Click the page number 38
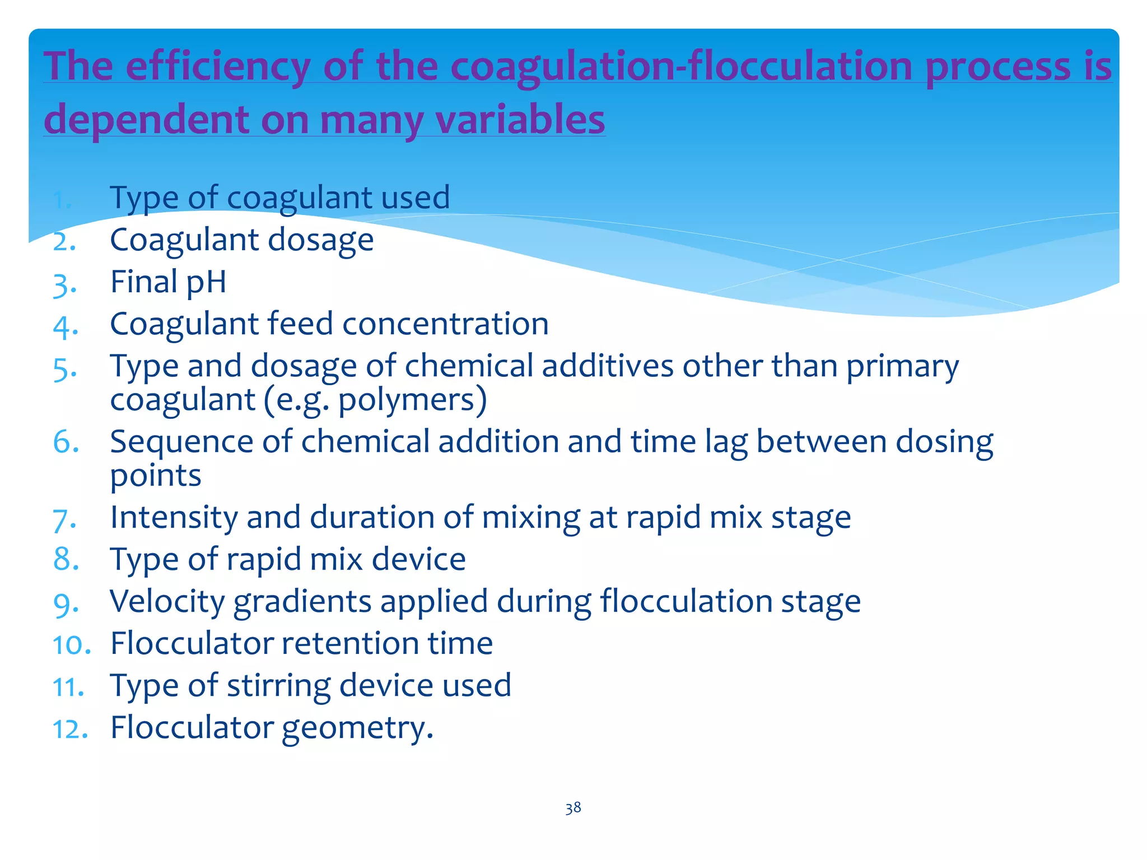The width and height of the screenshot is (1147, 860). pos(573,807)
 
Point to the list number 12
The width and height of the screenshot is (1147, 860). pos(70,730)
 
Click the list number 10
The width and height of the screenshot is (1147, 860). pos(71,645)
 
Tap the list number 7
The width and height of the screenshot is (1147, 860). pos(64,519)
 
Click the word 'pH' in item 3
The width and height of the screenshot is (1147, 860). pos(206,282)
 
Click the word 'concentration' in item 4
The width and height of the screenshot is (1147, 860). pos(445,324)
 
